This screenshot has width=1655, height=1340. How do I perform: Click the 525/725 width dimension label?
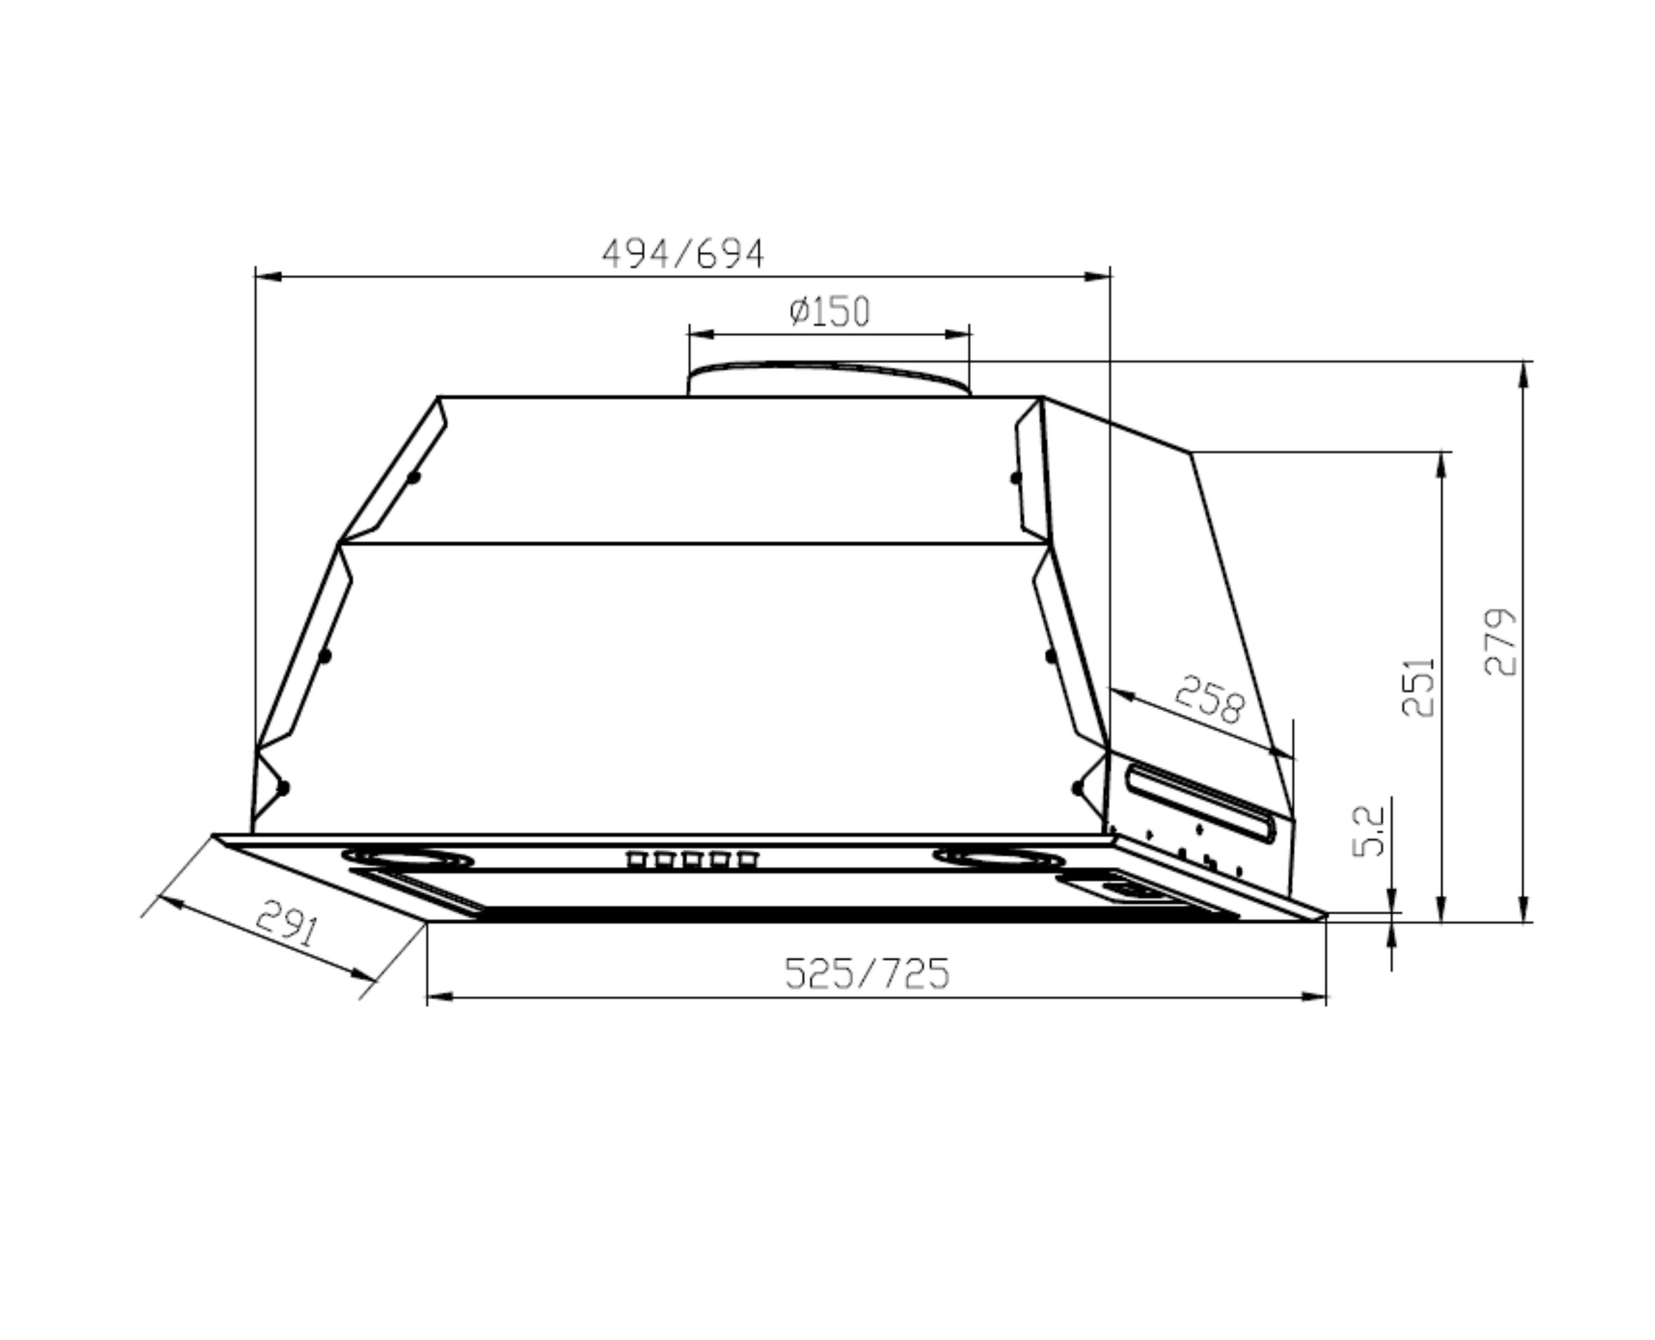point(866,974)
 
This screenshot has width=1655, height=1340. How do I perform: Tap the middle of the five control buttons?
point(692,859)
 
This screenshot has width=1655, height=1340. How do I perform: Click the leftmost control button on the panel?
point(635,859)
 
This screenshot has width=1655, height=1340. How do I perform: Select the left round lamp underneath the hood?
point(407,858)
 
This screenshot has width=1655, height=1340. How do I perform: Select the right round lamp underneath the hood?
point(999,858)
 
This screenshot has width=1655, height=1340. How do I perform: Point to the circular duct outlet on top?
point(828,378)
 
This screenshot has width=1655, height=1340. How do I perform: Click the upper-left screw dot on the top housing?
point(414,478)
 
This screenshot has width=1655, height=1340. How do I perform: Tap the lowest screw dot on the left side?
point(283,788)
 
